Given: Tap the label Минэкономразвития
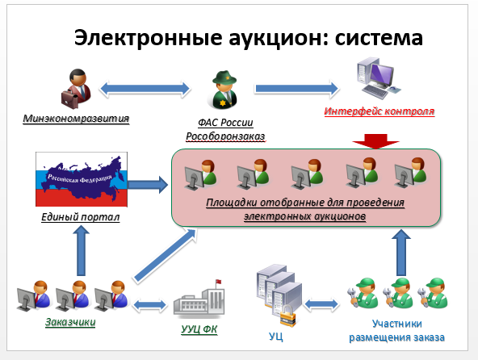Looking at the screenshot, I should click(x=76, y=120).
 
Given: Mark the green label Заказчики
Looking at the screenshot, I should click(x=70, y=323).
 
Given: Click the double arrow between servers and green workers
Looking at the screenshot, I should click(x=324, y=304).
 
